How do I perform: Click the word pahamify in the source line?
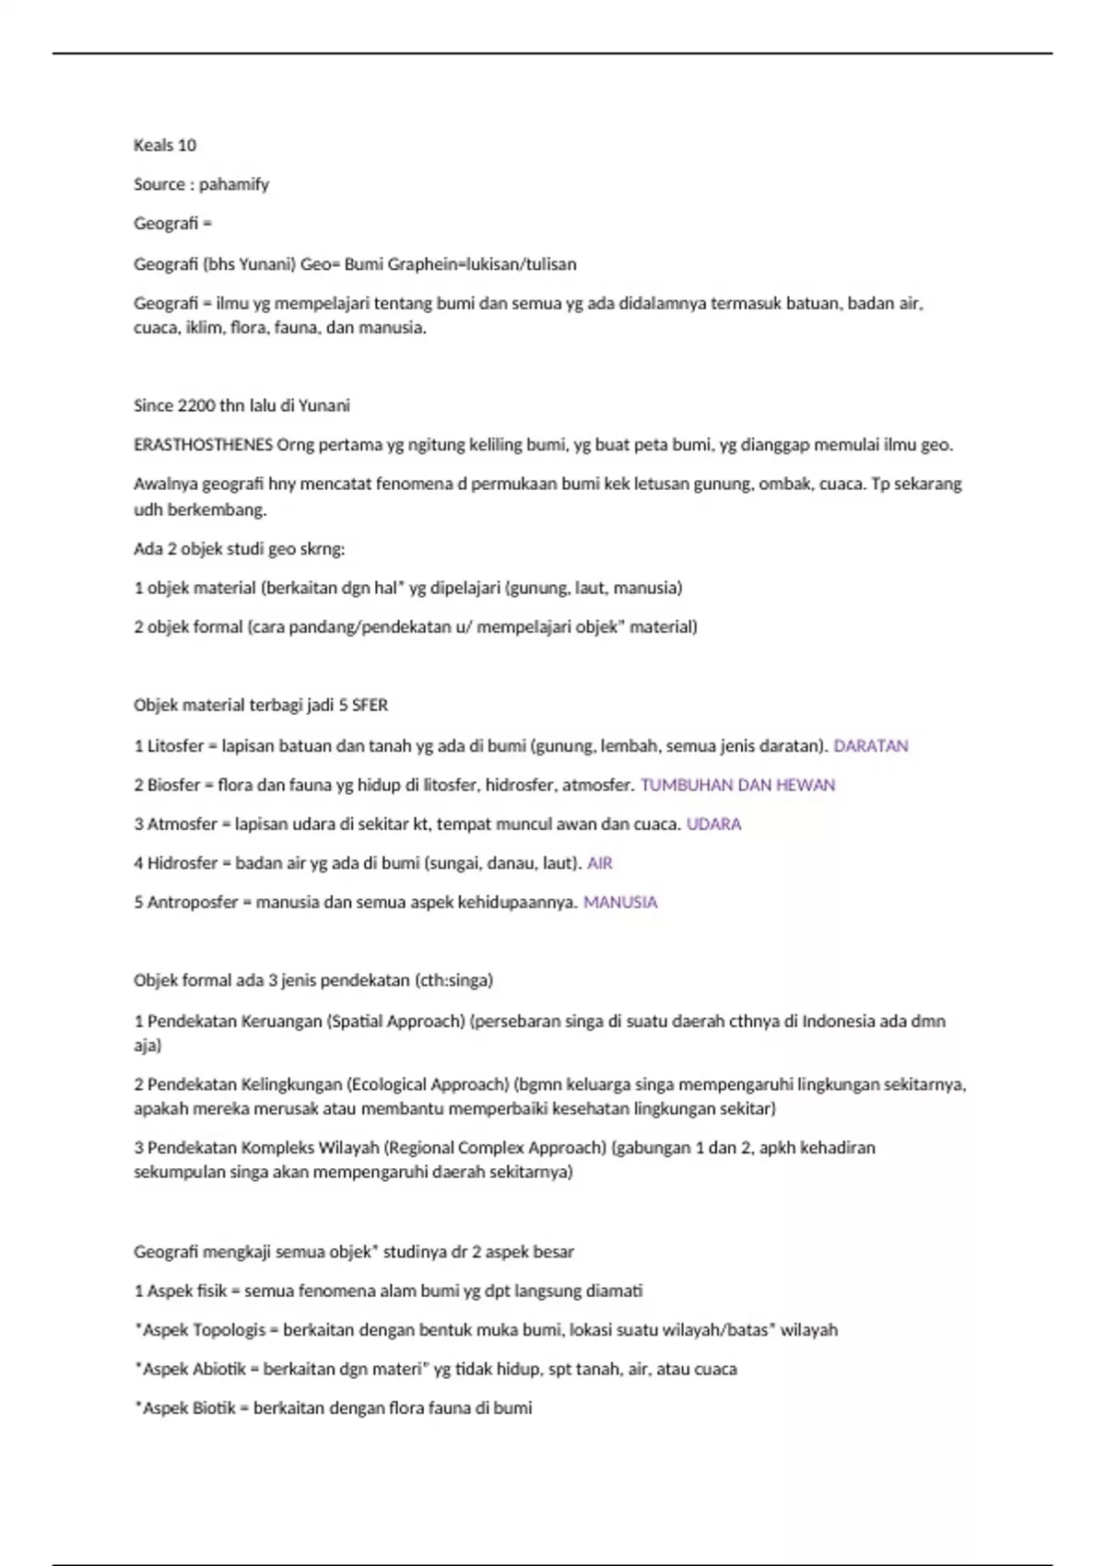click(234, 184)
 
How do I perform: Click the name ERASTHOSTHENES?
click(203, 445)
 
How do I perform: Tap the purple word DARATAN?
click(870, 746)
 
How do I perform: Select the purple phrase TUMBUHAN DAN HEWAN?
click(737, 785)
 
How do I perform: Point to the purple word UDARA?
click(713, 824)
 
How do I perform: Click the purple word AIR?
click(599, 863)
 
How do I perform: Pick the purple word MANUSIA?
click(620, 903)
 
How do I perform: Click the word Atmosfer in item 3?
click(181, 824)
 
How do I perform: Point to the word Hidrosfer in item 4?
click(182, 863)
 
